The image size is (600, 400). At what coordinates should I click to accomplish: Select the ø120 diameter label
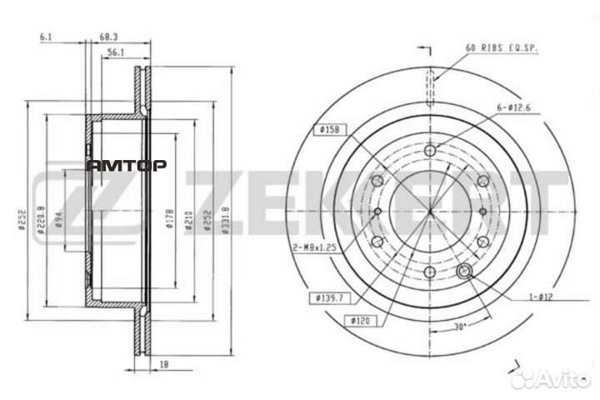361,320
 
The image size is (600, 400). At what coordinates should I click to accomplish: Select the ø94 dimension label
59,220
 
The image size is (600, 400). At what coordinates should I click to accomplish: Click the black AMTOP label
127,165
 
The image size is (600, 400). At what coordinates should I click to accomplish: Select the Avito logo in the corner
549,379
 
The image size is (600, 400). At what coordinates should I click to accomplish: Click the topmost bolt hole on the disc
429,151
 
